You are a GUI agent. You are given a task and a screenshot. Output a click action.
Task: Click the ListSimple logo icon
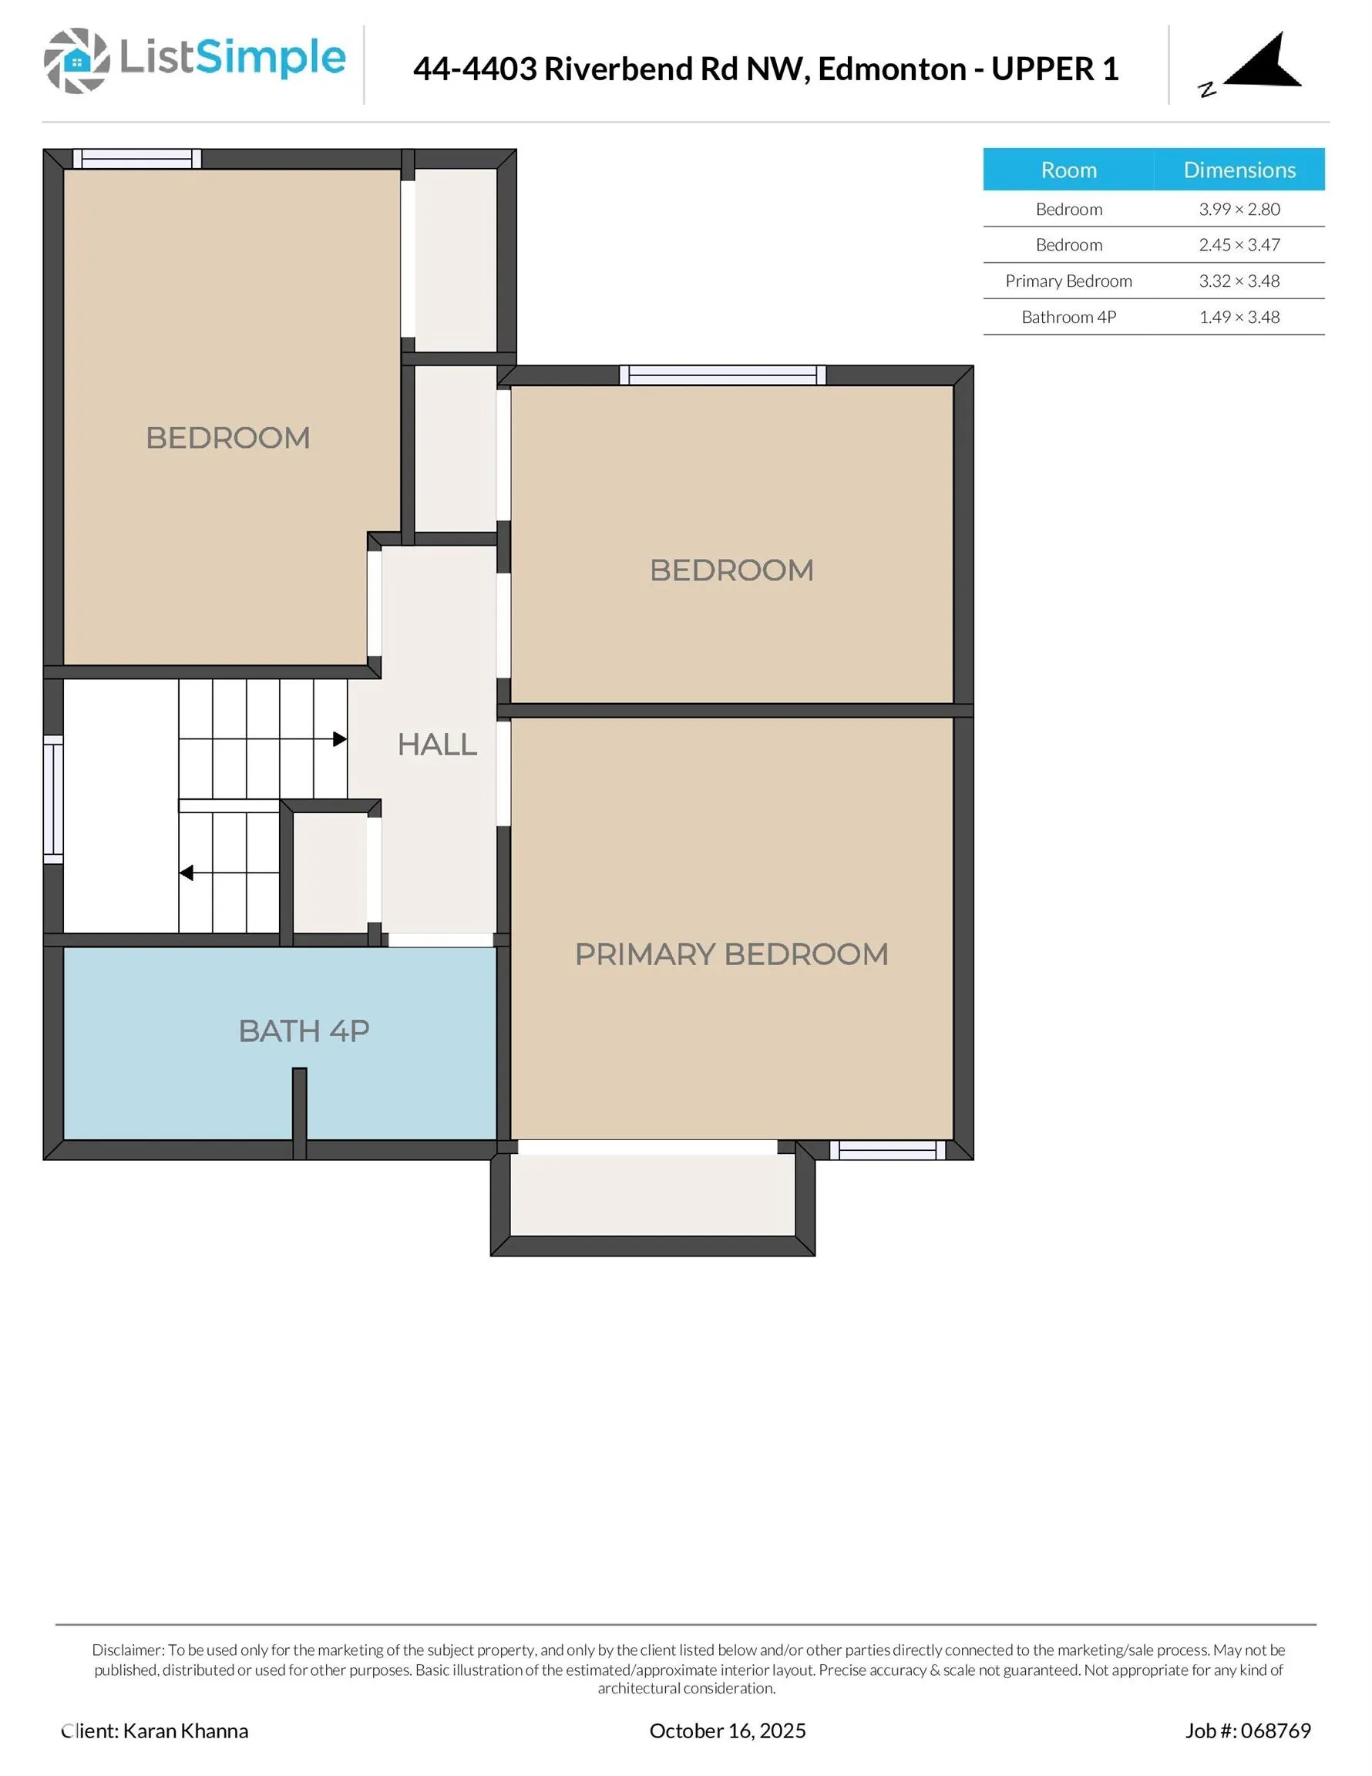coord(76,61)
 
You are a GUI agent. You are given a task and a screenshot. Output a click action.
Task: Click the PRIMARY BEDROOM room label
coord(731,954)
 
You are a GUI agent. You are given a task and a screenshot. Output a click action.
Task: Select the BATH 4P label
coord(304,1031)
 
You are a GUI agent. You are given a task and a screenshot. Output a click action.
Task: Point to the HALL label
coord(437,744)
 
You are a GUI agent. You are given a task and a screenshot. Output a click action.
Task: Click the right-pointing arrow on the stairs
coord(340,739)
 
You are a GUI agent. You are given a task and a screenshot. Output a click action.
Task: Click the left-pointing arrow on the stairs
coord(187,873)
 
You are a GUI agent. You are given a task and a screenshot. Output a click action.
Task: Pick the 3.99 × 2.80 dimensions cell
coord(1239,209)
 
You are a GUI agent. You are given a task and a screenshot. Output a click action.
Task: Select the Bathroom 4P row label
coord(1068,317)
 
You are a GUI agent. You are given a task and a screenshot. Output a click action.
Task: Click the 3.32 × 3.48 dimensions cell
coord(1239,281)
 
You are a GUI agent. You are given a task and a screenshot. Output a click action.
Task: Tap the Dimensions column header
coord(1239,170)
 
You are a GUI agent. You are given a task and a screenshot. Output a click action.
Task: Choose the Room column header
coord(1068,170)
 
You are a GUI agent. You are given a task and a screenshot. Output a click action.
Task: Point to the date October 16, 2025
coord(727,1731)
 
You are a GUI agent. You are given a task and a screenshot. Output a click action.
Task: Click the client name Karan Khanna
coord(185,1731)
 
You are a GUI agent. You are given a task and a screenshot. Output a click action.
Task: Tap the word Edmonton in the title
coord(891,69)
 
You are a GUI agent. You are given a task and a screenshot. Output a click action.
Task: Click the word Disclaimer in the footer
coord(128,1650)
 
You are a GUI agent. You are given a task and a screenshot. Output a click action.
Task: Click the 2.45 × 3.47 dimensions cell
coord(1239,245)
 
